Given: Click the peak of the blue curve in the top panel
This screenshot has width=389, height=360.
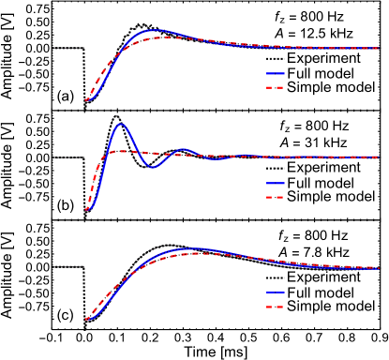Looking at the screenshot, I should coord(155,31).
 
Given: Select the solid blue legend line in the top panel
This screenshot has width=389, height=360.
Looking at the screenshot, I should coord(275,73).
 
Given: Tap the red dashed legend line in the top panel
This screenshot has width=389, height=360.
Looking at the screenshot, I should coord(275,87).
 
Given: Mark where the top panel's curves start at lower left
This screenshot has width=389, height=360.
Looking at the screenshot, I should coord(87,99).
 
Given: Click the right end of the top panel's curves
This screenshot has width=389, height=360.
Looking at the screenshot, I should coord(378,48).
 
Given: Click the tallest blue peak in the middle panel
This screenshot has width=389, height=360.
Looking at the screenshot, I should coord(121,124).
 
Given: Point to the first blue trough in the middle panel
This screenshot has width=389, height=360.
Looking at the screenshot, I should coord(153,167).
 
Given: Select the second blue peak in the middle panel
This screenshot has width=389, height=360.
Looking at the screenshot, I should coord(184,149).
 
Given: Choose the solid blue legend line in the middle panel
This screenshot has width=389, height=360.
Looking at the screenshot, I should coord(275,183).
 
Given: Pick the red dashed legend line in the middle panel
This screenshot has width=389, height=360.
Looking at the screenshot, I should coord(275,197).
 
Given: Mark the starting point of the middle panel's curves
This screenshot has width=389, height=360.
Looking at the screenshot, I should coord(87,209).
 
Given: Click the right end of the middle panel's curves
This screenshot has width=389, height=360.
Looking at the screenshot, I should coord(378,157).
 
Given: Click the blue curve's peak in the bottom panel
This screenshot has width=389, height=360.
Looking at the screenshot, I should coord(192,249).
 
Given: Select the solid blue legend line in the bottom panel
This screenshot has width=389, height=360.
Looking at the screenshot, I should coord(275,292).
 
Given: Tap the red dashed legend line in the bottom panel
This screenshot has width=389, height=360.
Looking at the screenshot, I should coord(275,307).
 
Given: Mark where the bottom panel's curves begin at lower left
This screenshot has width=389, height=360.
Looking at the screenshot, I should coord(87,319).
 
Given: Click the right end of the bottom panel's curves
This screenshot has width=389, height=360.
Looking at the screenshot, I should coord(378,268).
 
